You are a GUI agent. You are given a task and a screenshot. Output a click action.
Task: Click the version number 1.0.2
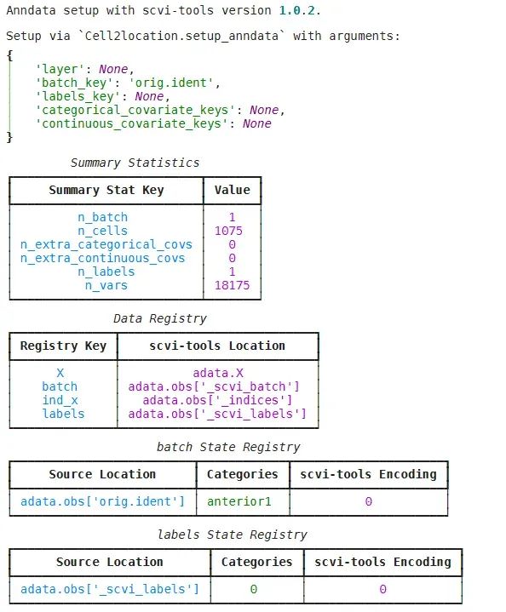(296, 10)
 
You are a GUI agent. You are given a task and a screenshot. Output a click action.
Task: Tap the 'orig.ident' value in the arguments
(170, 83)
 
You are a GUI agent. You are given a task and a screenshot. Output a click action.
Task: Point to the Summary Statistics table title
(135, 163)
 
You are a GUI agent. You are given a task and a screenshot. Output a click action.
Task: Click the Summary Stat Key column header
(106, 190)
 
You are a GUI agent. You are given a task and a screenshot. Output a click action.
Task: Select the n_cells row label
(103, 231)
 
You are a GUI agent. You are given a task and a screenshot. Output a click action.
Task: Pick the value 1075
(228, 231)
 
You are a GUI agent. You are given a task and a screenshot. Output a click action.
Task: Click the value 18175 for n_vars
(232, 285)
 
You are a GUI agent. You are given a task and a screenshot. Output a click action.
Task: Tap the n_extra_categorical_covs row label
(106, 245)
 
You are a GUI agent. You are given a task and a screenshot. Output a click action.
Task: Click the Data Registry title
(160, 318)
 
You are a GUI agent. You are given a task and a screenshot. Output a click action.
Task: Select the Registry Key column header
(63, 346)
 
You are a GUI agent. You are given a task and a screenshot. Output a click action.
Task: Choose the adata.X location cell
(218, 373)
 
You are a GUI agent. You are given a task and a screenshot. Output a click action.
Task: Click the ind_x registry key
(60, 400)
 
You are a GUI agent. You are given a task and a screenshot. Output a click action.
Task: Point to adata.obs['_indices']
(217, 400)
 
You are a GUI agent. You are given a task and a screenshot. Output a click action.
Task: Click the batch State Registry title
(228, 447)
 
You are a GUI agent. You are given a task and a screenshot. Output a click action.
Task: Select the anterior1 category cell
(239, 501)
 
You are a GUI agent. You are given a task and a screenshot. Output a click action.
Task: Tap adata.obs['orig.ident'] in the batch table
(103, 501)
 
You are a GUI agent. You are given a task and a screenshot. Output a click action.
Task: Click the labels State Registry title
(232, 535)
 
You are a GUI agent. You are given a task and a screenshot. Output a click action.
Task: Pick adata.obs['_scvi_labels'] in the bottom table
(110, 589)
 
